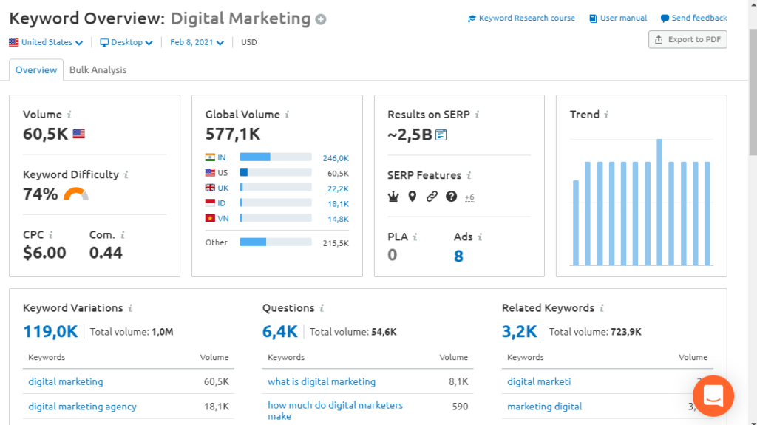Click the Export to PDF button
point(688,40)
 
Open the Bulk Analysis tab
point(98,70)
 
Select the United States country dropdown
point(46,43)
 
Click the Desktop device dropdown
point(126,43)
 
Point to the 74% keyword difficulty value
point(41,194)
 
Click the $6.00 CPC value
point(44,253)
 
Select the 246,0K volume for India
point(336,158)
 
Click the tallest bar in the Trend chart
point(659,202)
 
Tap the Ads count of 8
point(459,256)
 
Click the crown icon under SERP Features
point(393,197)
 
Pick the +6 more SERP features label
point(469,197)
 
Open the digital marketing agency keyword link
point(82,407)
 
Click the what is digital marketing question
point(322,382)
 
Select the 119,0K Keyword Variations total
point(50,332)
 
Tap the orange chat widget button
point(713,395)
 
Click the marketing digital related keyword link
point(544,407)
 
